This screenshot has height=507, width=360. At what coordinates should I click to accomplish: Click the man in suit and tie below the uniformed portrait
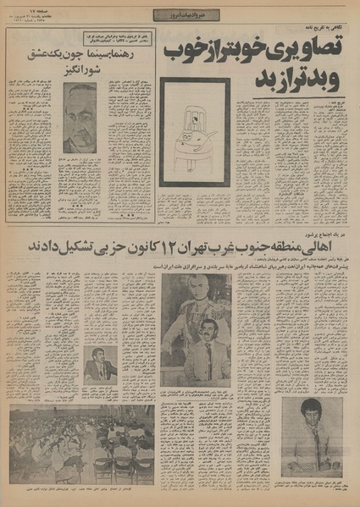pos(206,355)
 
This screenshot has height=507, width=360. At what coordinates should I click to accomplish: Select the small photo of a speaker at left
pos(101,365)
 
